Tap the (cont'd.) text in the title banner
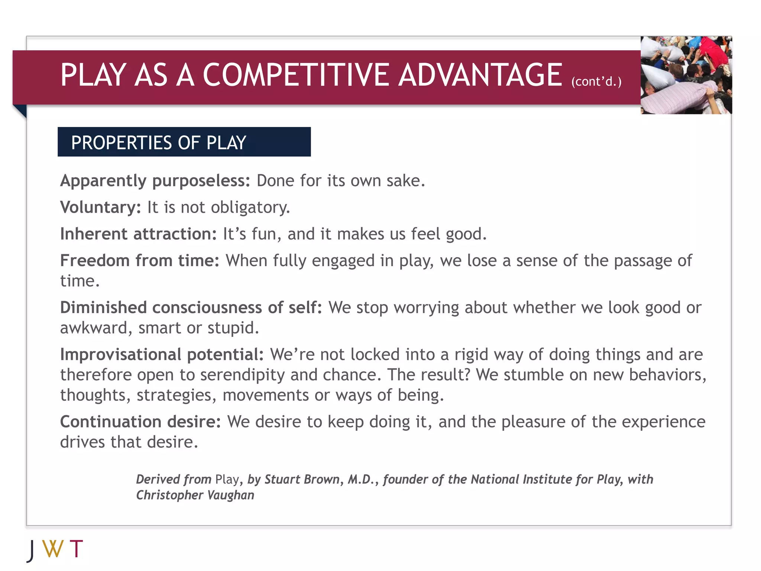point(596,81)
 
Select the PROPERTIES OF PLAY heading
point(159,143)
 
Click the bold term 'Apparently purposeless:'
point(155,181)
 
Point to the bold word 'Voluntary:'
point(101,207)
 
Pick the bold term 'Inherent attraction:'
point(138,234)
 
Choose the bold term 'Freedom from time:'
point(140,261)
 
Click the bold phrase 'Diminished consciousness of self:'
point(191,308)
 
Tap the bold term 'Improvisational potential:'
point(162,355)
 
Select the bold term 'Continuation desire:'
point(140,422)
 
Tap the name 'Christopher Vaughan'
point(195,496)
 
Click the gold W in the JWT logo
point(53,549)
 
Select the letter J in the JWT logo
point(32,550)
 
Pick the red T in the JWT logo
point(76,549)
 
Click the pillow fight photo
point(686,75)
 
